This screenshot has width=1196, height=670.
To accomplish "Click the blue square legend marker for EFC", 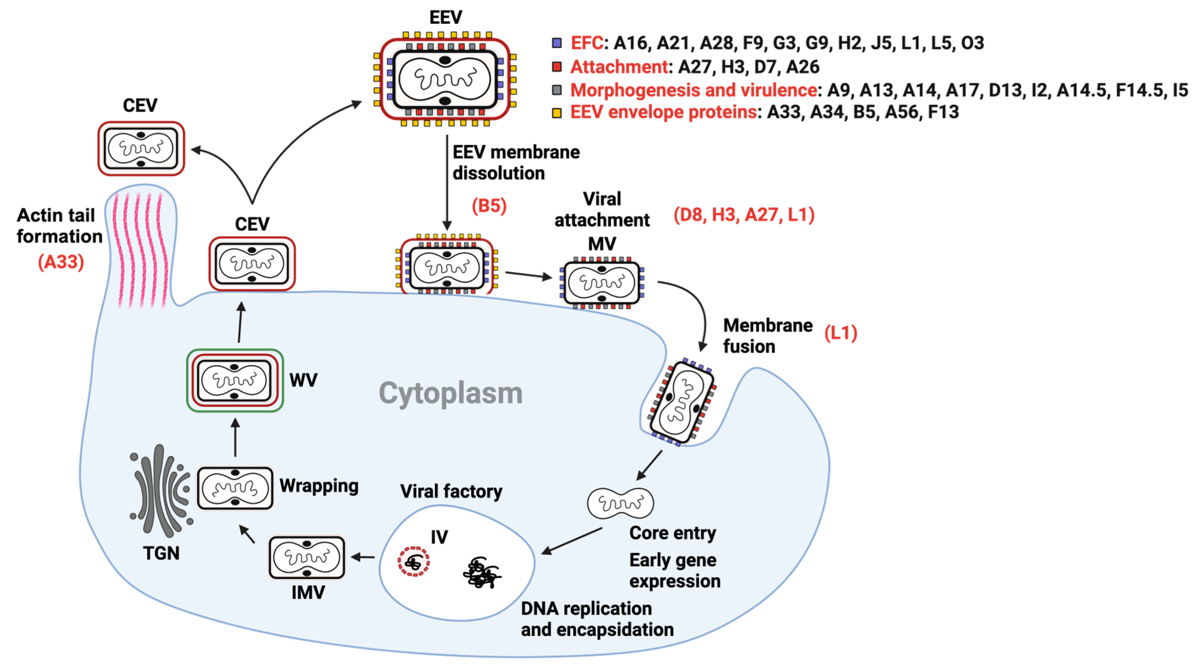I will click(x=557, y=43).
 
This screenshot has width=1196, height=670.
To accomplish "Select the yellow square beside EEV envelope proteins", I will click(x=557, y=113).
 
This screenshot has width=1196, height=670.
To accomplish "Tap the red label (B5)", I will click(x=489, y=205).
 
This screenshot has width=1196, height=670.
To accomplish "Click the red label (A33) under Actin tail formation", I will click(x=61, y=262).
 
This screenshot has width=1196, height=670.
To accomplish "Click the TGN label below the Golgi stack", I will click(x=161, y=553).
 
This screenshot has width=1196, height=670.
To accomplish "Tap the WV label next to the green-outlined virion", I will click(x=303, y=380).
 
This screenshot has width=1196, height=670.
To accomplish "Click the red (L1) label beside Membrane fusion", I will click(x=840, y=333).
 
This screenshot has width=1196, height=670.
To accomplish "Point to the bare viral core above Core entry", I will click(x=620, y=503).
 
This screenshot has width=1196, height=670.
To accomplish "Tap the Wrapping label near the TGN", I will click(x=319, y=486).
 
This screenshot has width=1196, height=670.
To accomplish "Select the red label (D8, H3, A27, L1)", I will click(x=744, y=215).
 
